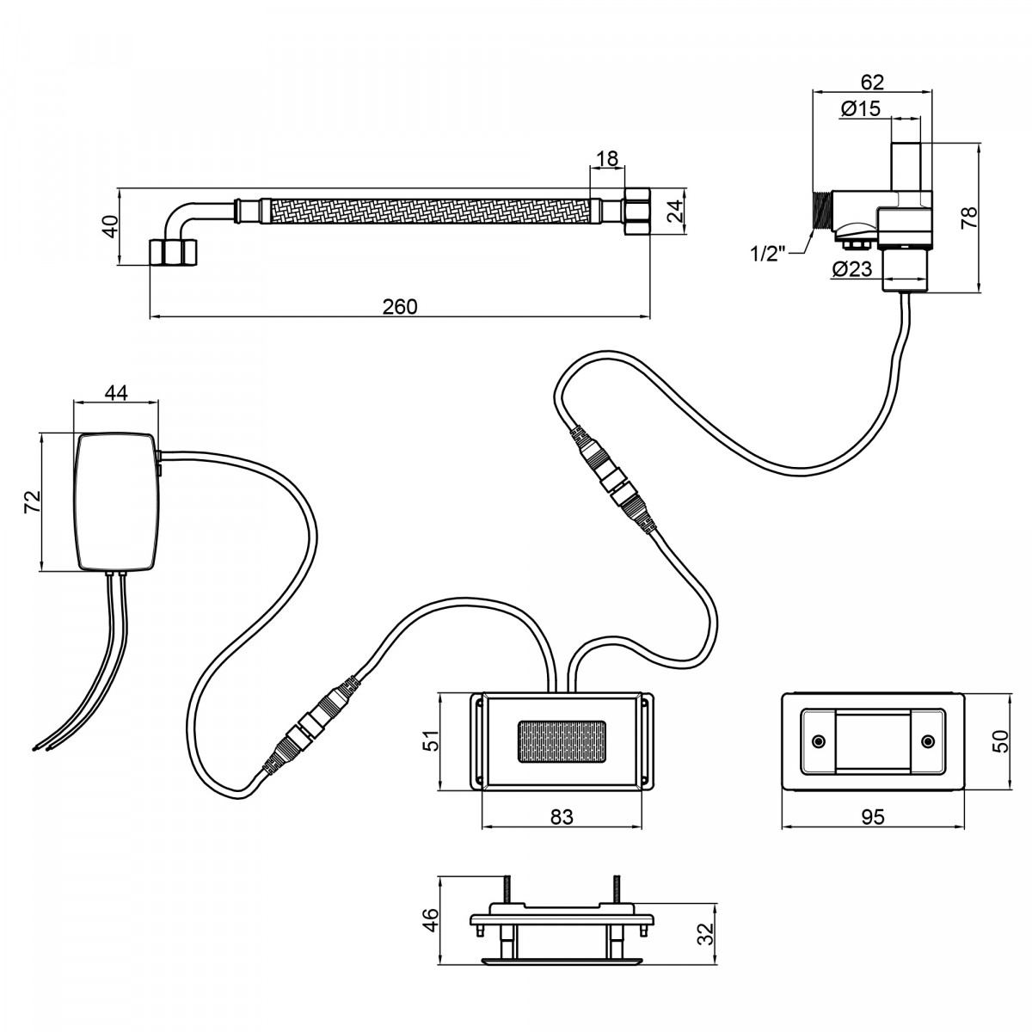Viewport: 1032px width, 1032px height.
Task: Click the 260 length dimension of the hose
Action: [400, 306]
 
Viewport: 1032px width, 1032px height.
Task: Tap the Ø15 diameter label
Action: [860, 108]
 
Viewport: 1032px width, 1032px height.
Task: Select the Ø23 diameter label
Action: [852, 269]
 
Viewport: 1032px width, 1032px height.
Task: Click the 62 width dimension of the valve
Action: [872, 82]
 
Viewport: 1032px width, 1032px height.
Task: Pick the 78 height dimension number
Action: [969, 218]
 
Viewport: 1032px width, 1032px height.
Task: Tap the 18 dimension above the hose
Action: [607, 158]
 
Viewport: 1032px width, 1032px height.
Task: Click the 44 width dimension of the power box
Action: [116, 392]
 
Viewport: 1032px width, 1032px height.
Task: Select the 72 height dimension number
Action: [33, 501]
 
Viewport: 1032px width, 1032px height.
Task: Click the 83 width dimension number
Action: [562, 817]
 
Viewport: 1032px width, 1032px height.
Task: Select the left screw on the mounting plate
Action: [818, 741]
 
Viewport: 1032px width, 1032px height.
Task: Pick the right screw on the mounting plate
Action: [928, 741]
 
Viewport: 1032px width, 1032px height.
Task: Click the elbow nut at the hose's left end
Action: [173, 252]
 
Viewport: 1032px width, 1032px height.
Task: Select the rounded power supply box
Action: [117, 501]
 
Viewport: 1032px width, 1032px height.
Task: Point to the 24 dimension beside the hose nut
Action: [676, 211]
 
